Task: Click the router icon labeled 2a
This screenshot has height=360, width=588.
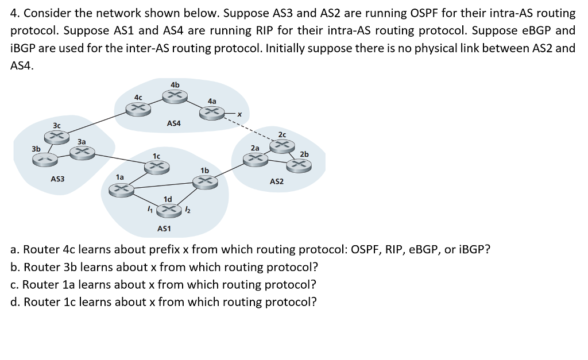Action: tap(254, 160)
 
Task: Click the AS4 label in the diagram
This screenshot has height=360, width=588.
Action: tap(173, 123)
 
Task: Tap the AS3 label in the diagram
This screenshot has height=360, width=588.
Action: tap(57, 179)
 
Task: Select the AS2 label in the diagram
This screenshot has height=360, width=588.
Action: tap(277, 181)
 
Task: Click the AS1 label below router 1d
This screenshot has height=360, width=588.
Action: tap(164, 229)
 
